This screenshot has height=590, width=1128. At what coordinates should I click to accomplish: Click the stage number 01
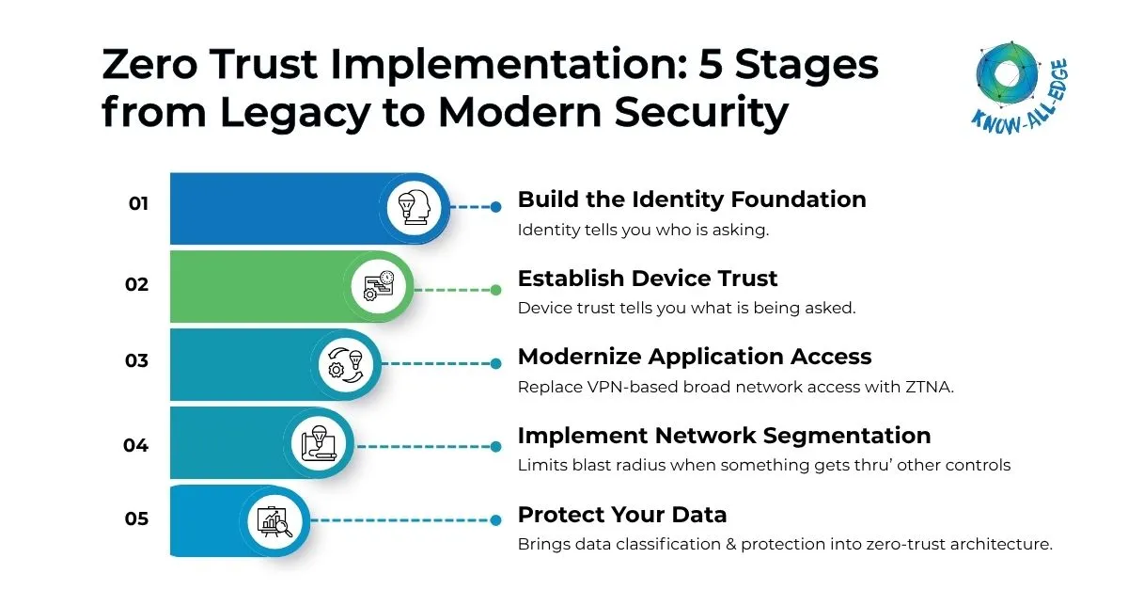pyautogui.click(x=138, y=203)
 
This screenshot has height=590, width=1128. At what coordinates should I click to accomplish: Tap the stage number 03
pyautogui.click(x=137, y=361)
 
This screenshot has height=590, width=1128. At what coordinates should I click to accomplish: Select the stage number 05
pyautogui.click(x=137, y=518)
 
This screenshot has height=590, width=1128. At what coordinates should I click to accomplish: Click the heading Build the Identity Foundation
pyautogui.click(x=692, y=199)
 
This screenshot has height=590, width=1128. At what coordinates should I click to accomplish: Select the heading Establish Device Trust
pyautogui.click(x=648, y=279)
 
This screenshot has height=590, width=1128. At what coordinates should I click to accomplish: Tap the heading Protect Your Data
pyautogui.click(x=622, y=515)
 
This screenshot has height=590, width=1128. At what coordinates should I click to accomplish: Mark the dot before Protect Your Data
pyautogui.click(x=495, y=519)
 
